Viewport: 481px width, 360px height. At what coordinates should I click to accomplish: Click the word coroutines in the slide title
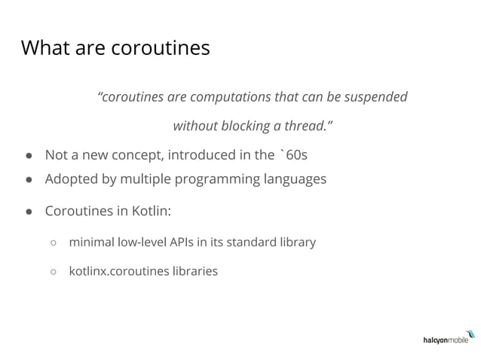pos(161,48)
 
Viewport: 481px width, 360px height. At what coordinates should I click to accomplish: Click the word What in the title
pos(44,48)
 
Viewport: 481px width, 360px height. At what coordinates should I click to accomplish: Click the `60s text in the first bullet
pos(293,155)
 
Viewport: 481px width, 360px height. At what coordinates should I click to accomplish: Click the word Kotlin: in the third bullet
pos(151,211)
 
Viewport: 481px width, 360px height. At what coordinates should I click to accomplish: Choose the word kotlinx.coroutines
pos(120,270)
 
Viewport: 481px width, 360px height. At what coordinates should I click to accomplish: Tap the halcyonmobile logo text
pos(445,341)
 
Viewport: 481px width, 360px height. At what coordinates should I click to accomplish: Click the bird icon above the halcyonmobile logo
pos(470,332)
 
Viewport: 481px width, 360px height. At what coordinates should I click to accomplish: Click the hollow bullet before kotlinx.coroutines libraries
pos(54,271)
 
